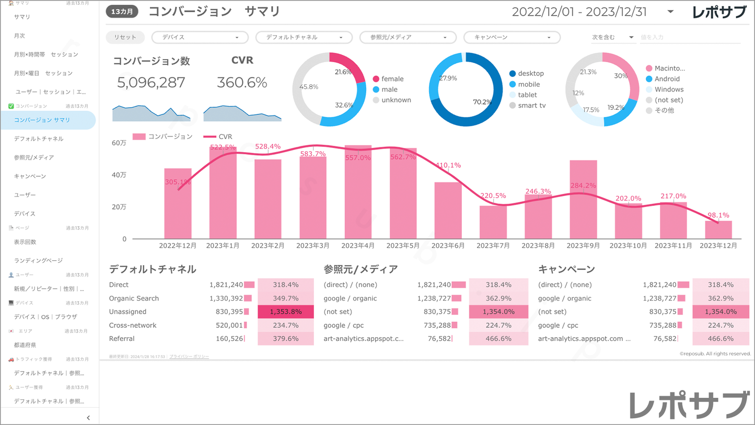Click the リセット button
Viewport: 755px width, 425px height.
tap(125, 37)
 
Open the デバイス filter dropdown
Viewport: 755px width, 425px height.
tap(199, 38)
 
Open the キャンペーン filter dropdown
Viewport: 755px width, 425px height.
tap(512, 38)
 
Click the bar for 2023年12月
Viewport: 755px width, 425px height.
tap(718, 230)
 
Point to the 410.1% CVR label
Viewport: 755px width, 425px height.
tap(448, 165)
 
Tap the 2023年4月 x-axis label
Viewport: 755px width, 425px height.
tap(358, 245)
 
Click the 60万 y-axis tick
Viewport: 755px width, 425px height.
tap(119, 143)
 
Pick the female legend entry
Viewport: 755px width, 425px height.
tap(392, 79)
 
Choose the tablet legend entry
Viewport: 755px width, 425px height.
tap(527, 95)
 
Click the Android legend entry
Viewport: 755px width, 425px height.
tap(667, 79)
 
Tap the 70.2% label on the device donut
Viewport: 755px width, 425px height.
tap(482, 102)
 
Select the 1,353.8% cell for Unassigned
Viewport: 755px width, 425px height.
tap(286, 312)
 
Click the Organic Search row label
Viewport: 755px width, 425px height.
tap(134, 298)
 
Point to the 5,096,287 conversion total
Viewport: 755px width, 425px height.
tap(151, 83)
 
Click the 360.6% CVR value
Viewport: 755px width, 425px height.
tap(242, 83)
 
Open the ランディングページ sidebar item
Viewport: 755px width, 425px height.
tap(38, 260)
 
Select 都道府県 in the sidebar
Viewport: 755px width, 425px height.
tap(25, 345)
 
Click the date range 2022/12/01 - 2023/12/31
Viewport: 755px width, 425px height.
tap(579, 12)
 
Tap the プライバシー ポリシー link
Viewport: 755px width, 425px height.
tap(189, 357)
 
